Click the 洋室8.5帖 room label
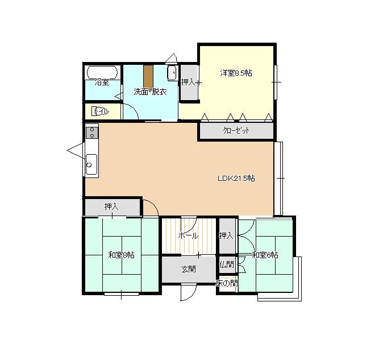coord(236,73)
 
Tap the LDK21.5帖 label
coord(236,179)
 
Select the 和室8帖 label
coord(122,255)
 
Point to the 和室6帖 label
coord(265,255)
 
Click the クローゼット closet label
coord(236,131)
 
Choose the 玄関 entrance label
coord(189,269)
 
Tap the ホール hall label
coord(188,235)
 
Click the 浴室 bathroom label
coord(102,82)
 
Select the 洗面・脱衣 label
coord(151,92)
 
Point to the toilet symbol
coord(101,111)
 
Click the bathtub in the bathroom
coord(102,72)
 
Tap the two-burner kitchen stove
coord(92,133)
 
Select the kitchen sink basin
coord(91,164)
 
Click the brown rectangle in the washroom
coord(148,77)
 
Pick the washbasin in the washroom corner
coord(172,73)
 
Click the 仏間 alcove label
coord(227,264)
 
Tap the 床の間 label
coord(227,283)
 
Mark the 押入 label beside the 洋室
coord(188,82)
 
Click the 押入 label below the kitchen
coord(111,206)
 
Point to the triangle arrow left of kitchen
coord(76,151)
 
